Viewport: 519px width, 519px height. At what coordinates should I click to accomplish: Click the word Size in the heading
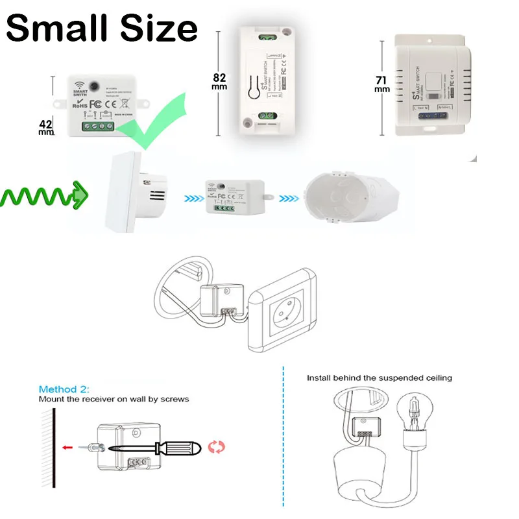pos(156,30)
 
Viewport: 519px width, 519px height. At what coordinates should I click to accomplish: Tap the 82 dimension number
pos(219,77)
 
